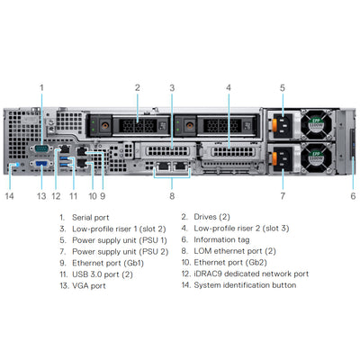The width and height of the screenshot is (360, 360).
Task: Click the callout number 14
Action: pos(9,196)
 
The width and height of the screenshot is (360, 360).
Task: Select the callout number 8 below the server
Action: pos(172,196)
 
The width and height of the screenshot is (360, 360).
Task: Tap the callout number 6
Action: pos(353,196)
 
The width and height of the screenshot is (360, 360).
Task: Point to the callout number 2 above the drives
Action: pos(138,87)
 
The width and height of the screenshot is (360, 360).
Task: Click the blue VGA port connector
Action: pos(41,164)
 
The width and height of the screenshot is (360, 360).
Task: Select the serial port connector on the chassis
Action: pos(41,148)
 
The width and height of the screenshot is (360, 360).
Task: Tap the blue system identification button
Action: pos(17,165)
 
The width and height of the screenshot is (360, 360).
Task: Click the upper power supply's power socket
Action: pos(283,125)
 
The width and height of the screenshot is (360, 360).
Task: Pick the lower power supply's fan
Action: pos(318,157)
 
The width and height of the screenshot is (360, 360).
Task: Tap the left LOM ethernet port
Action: pos(163,166)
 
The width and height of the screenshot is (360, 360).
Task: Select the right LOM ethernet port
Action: pos(181,166)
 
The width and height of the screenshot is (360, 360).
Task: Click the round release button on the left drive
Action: pos(104,125)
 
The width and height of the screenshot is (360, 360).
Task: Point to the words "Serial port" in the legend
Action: pos(91,218)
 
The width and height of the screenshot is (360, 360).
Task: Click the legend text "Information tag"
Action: pos(221,239)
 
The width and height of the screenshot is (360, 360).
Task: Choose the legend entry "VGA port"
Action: pos(89,285)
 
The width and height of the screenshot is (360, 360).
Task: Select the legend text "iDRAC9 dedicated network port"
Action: pos(251,274)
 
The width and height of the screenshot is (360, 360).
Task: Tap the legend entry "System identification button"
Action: pos(245,285)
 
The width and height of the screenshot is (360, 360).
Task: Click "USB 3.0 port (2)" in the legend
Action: pos(103,274)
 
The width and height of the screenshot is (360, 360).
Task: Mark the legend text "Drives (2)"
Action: pos(212,217)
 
